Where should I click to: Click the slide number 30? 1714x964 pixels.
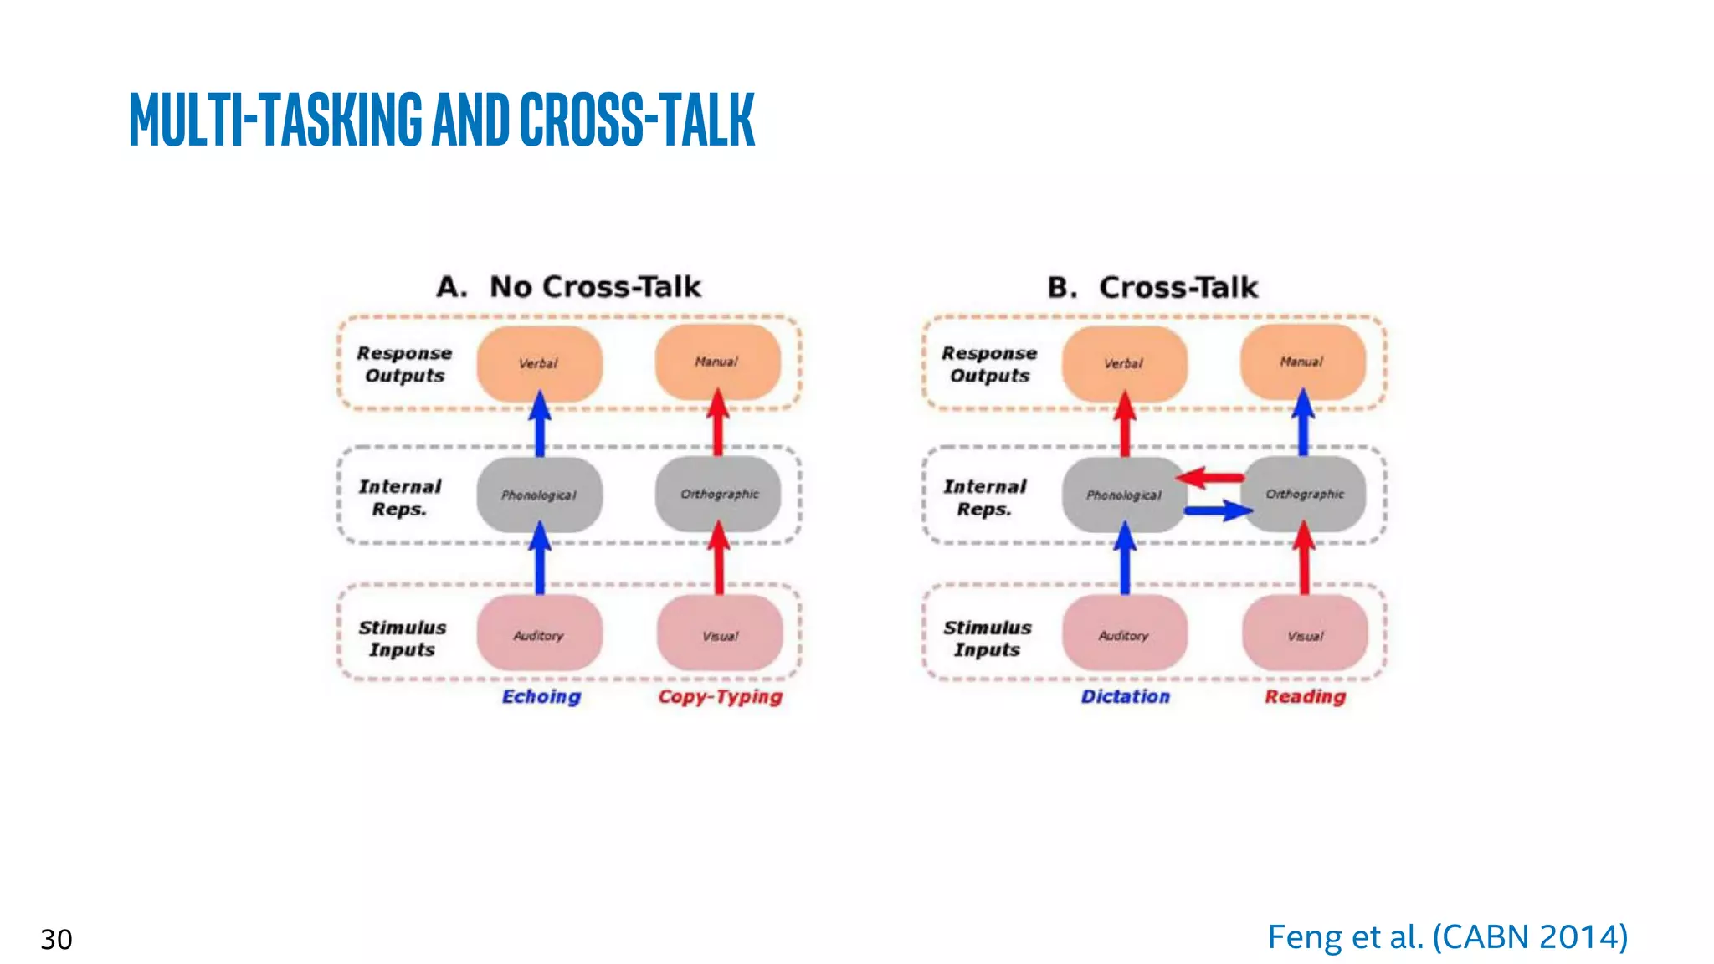(x=56, y=939)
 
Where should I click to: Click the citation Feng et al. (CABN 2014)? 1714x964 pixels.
(x=1447, y=936)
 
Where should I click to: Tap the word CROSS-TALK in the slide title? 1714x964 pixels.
(x=637, y=120)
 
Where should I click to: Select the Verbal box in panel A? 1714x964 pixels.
(x=539, y=363)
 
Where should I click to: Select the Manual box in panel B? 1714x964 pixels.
(x=1302, y=361)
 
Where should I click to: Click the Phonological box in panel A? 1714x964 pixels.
(x=539, y=495)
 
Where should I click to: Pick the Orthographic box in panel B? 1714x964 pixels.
(x=1305, y=494)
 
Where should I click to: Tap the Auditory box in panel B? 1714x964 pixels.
(x=1124, y=635)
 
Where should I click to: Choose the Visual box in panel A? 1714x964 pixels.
(x=720, y=635)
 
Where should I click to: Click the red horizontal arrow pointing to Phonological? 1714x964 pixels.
(x=1210, y=478)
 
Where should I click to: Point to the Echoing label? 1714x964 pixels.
(x=541, y=696)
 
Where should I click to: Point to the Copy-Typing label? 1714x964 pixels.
(x=720, y=696)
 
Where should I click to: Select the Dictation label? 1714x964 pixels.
(x=1125, y=696)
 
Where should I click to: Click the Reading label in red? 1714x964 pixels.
(x=1305, y=696)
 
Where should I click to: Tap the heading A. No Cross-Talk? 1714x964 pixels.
(x=568, y=287)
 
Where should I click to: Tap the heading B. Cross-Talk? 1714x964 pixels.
(x=1152, y=288)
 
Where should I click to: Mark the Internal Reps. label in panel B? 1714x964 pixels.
(x=985, y=497)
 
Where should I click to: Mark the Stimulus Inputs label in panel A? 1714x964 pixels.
(x=403, y=638)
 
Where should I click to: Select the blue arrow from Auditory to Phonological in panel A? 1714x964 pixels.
(x=540, y=559)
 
